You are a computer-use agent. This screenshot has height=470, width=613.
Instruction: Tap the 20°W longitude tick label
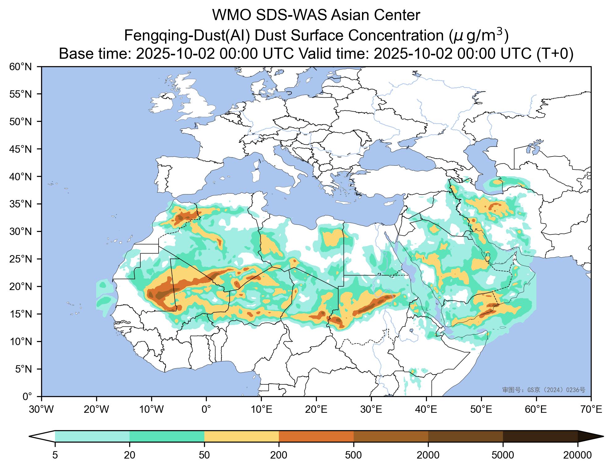(x=96, y=410)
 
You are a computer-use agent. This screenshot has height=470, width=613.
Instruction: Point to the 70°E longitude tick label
(x=591, y=410)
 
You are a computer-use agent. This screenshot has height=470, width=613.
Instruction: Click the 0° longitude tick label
(x=206, y=410)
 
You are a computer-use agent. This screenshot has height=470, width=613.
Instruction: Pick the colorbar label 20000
(x=577, y=455)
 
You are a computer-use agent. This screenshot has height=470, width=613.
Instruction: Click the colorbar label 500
(x=354, y=455)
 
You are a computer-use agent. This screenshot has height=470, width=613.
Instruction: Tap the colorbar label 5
(x=55, y=455)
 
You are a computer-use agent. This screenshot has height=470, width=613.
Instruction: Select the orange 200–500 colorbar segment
(x=316, y=436)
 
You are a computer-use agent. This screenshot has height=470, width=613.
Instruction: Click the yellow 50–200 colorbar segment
(x=241, y=436)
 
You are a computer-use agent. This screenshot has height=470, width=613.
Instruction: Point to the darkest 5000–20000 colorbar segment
(x=540, y=436)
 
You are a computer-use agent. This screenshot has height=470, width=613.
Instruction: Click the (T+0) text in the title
(x=555, y=54)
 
